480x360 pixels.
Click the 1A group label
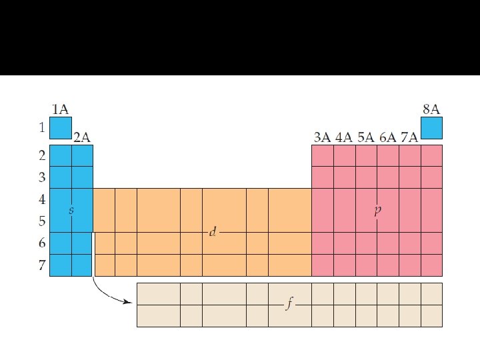point(60,109)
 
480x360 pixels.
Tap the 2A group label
point(81,137)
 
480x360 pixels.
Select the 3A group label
point(322,137)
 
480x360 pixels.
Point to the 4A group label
point(344,137)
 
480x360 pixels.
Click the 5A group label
point(365,137)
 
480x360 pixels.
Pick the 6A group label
point(387,137)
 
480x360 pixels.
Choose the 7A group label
point(409,137)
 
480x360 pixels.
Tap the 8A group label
point(431,109)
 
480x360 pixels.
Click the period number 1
point(42,127)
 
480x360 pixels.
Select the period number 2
point(42,156)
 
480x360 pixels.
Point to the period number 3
point(42,177)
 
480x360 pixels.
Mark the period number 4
point(42,199)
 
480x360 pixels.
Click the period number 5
point(42,221)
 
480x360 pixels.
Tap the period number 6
point(42,243)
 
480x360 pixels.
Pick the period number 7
point(42,265)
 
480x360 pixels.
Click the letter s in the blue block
point(71,210)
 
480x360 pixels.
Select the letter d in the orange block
point(213,232)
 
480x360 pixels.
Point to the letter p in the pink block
point(377,211)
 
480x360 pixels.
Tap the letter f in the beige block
point(289,305)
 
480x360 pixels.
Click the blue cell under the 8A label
point(431,127)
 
